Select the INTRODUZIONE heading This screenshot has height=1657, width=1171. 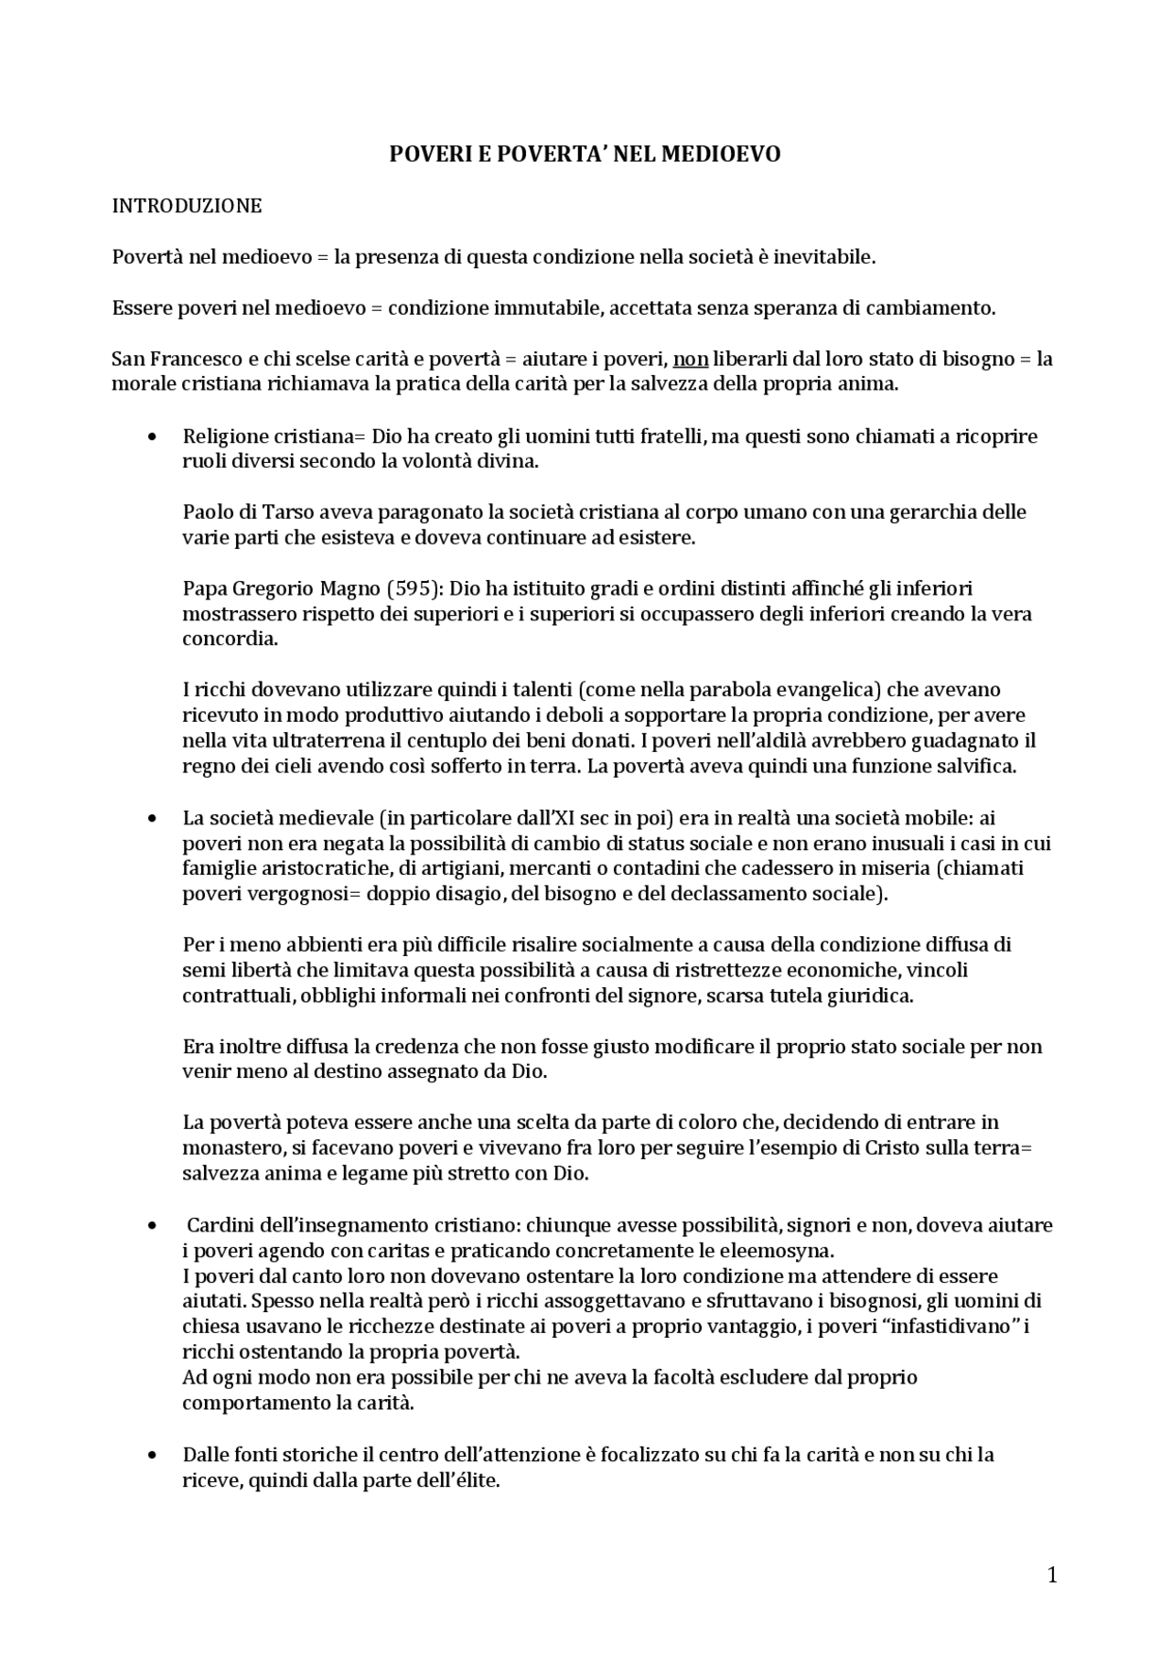coord(187,206)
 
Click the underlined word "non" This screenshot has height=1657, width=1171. coord(691,359)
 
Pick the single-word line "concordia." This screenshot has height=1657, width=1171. coord(230,639)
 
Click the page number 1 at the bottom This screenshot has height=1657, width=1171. coord(1052,1576)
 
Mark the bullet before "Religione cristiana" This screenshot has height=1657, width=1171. coord(153,436)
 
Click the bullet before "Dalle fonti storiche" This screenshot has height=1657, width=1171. coord(153,1455)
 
